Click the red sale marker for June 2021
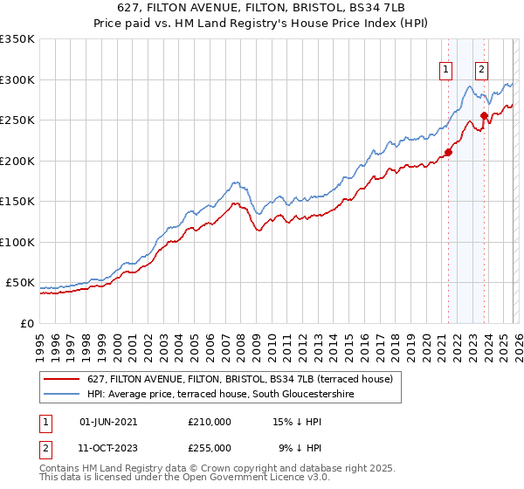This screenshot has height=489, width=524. (448, 152)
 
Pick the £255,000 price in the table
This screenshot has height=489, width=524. (209, 447)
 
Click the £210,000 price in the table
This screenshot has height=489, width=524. (209, 421)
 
